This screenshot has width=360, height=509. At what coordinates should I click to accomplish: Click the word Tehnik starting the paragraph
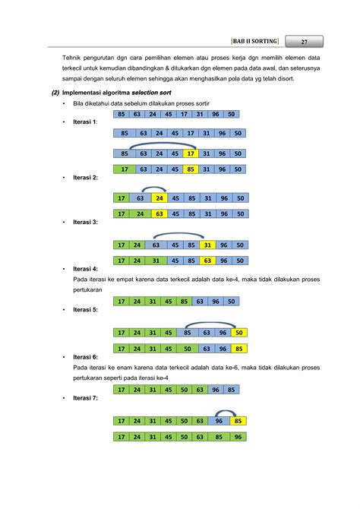tap(74, 57)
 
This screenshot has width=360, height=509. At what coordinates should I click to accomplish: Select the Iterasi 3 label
tap(84, 223)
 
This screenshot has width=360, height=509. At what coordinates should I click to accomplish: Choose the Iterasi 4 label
tap(84, 269)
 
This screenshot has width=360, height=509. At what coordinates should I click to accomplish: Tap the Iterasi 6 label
tap(84, 356)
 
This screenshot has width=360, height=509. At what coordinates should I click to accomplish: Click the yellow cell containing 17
tap(190, 152)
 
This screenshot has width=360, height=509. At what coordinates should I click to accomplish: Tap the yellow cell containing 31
tap(205, 245)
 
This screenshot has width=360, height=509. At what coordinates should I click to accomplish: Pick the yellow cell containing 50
tap(238, 333)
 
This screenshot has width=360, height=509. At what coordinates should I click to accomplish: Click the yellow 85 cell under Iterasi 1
tap(190, 169)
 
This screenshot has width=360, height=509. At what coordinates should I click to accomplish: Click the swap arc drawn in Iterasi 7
tap(229, 412)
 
